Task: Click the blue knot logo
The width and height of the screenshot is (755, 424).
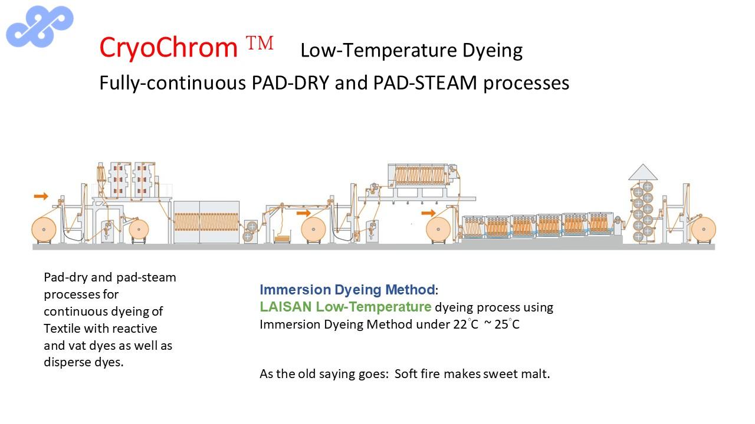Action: [40, 26]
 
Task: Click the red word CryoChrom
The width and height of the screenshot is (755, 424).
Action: [169, 48]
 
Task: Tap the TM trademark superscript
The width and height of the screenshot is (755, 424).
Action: [260, 43]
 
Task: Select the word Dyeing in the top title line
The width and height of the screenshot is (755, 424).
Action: [493, 51]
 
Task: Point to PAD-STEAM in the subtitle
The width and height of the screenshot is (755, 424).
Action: [425, 83]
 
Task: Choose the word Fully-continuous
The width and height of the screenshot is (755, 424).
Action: [173, 84]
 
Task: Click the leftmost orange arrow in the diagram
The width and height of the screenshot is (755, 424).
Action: [41, 196]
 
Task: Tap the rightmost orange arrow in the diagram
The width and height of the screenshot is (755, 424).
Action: [428, 213]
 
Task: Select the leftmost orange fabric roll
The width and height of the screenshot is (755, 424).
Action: [44, 230]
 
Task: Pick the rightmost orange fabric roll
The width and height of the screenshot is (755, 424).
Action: [704, 229]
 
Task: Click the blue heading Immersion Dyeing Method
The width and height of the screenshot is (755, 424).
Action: [347, 290]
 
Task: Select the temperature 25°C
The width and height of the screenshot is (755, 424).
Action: [507, 324]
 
